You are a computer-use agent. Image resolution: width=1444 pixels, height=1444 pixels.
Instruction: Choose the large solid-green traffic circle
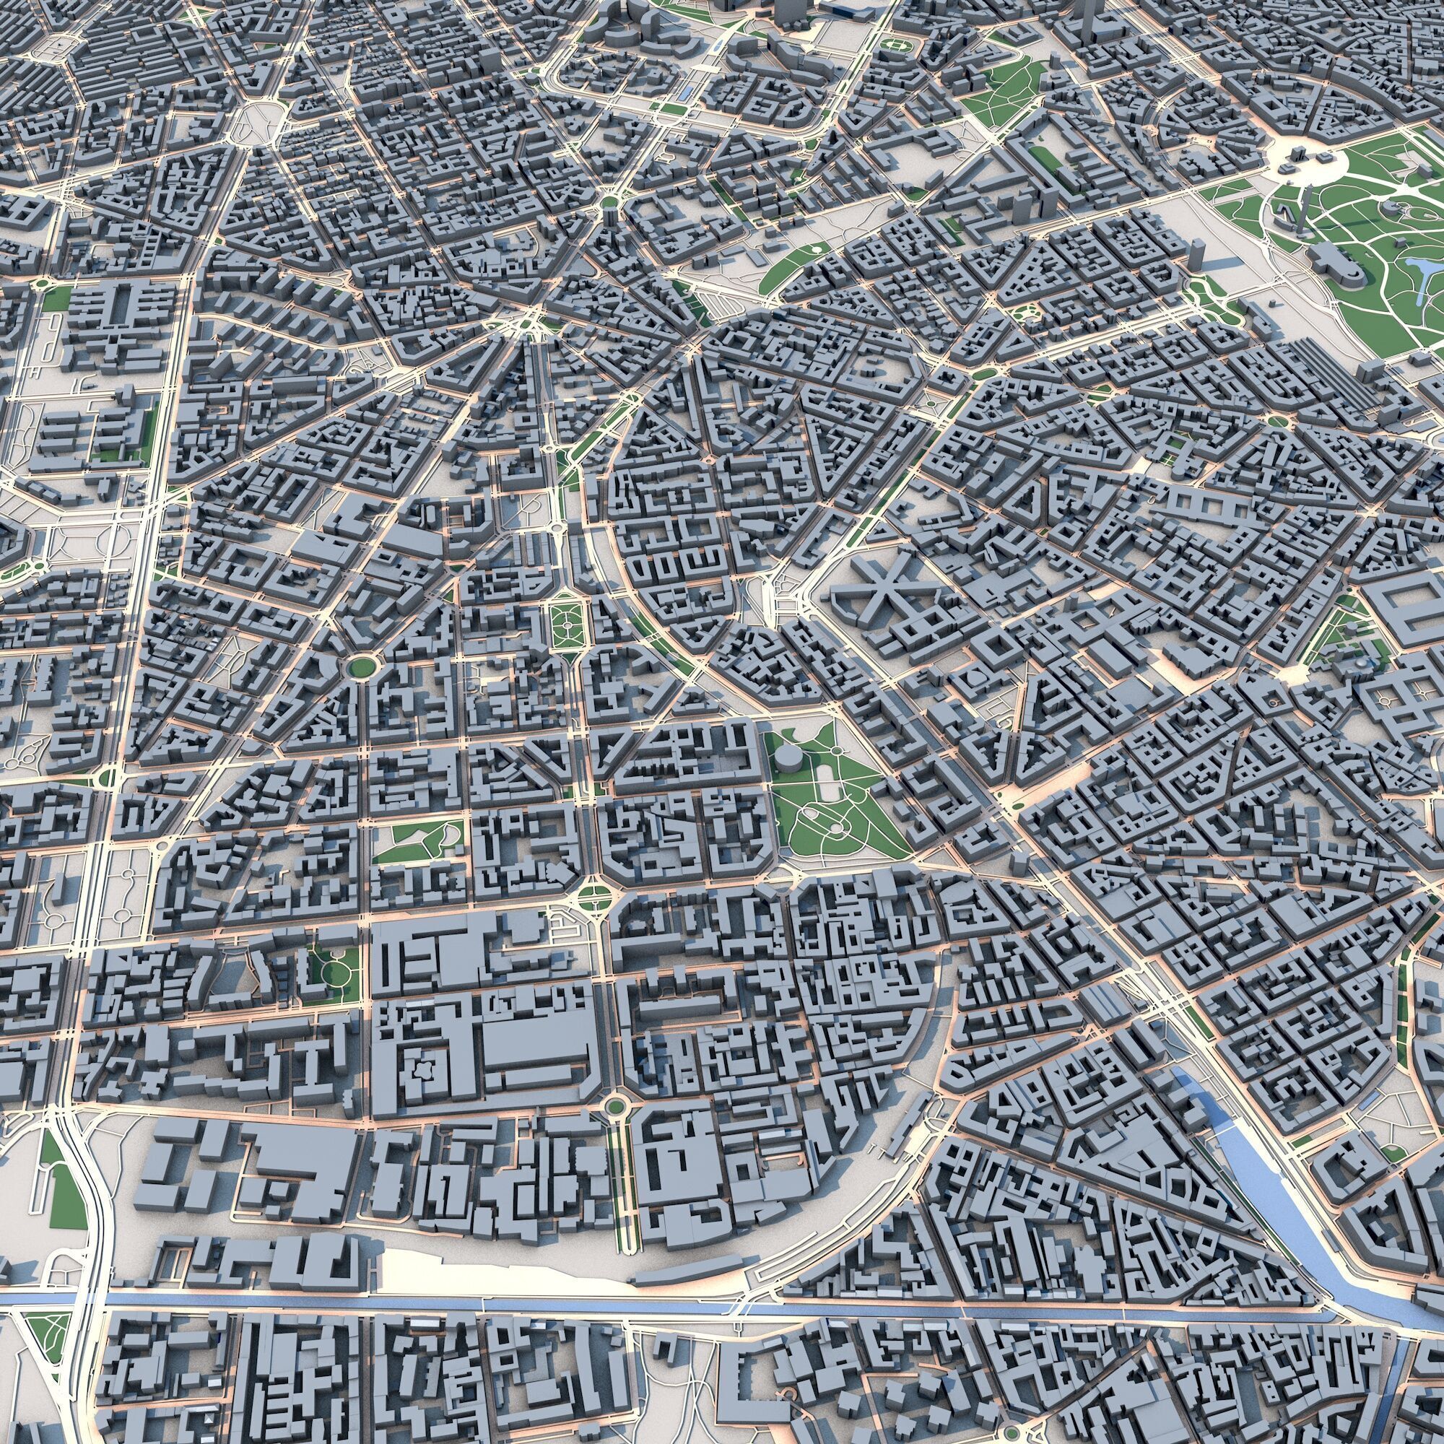point(361,665)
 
